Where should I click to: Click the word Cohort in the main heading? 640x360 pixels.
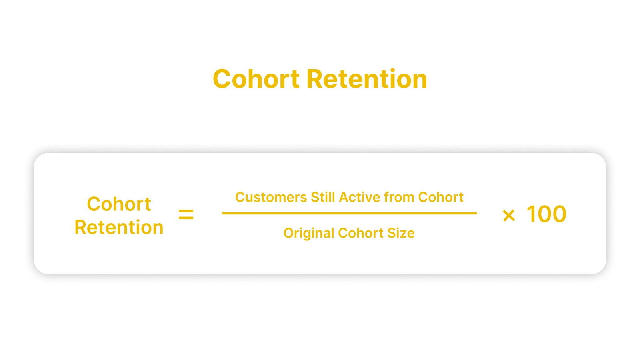tap(256, 79)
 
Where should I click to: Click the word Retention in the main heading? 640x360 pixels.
tap(367, 79)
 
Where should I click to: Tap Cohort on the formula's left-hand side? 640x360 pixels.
tap(119, 204)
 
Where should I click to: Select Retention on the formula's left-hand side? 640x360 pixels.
tap(119, 227)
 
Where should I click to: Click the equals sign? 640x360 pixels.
tap(186, 214)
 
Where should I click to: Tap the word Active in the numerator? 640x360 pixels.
tap(360, 197)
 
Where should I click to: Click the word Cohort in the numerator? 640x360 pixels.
tap(440, 197)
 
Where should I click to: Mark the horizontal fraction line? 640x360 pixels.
tap(349, 213)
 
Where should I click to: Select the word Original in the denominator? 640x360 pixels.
tap(308, 233)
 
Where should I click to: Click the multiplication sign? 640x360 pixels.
tap(509, 216)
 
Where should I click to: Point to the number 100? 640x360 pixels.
tap(546, 214)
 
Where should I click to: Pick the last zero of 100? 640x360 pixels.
tap(557, 214)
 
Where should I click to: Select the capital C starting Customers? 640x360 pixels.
tap(240, 197)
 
